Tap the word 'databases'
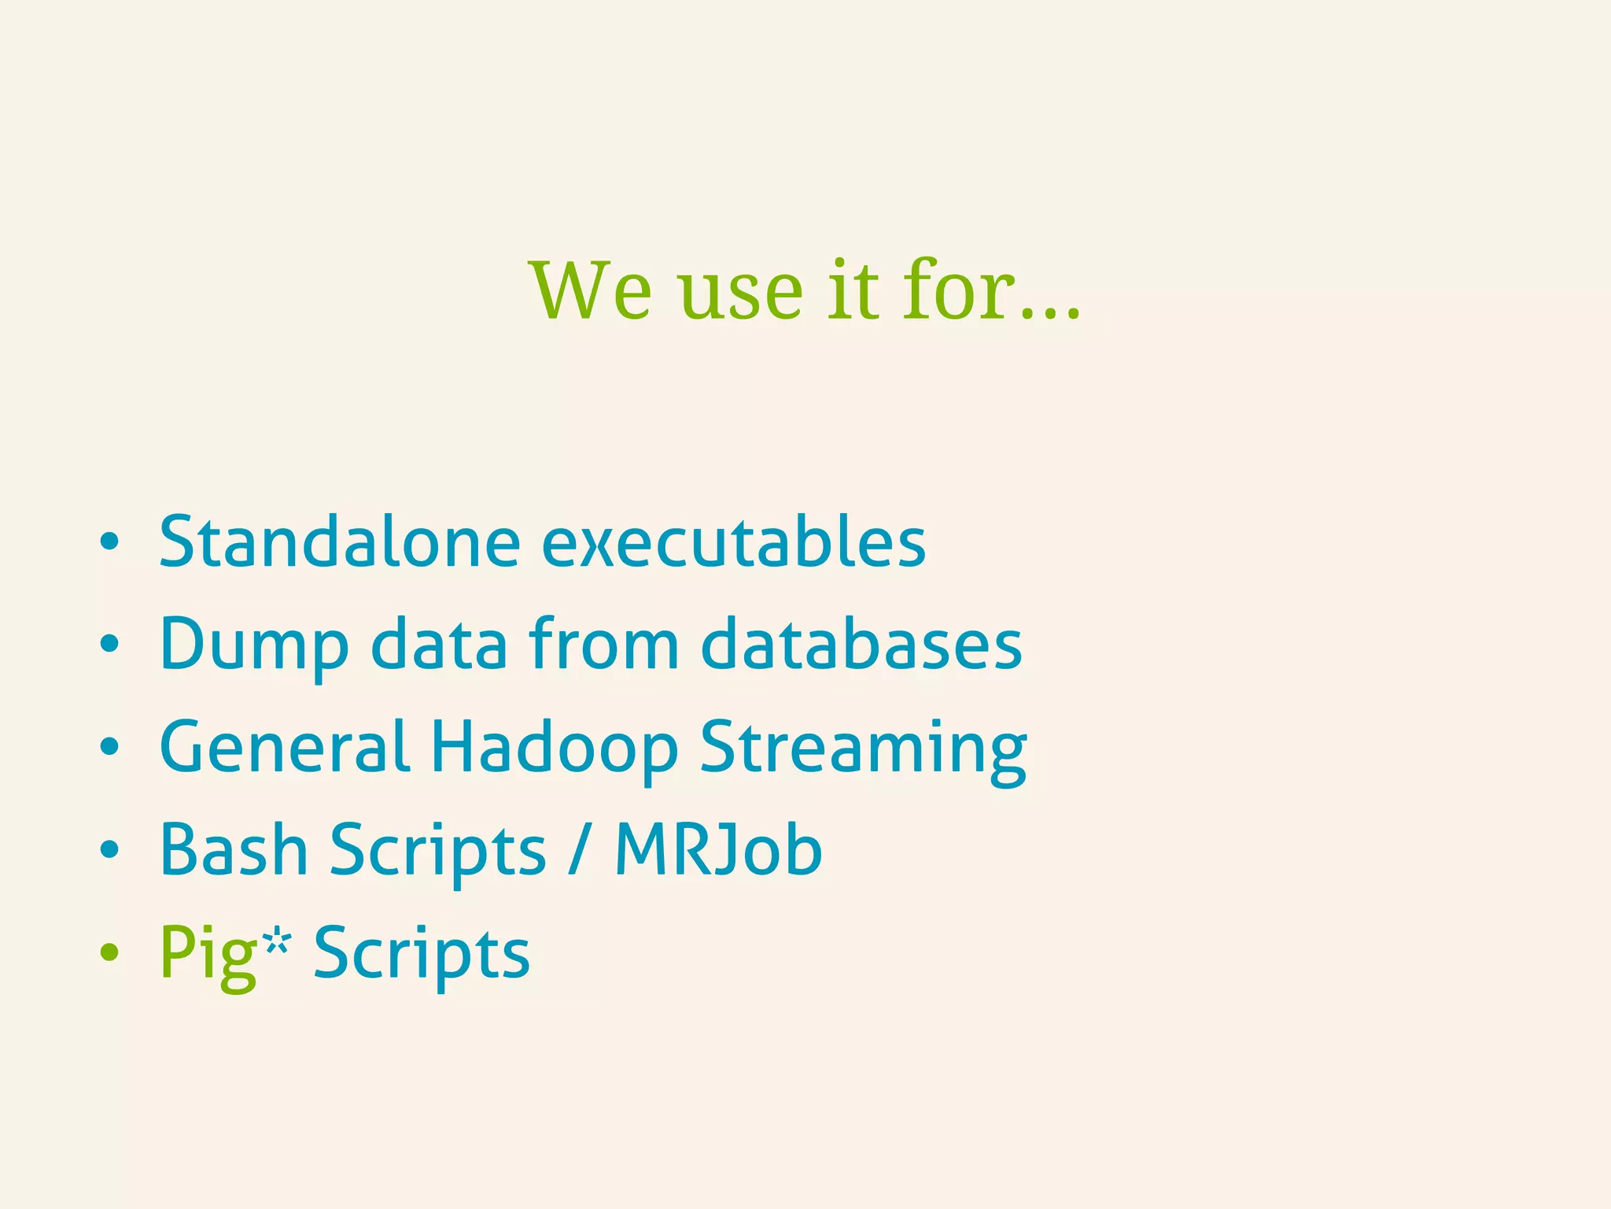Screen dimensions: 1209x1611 tap(861, 644)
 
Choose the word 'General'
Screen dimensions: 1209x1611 tap(284, 745)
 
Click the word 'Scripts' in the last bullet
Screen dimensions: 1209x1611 tap(422, 952)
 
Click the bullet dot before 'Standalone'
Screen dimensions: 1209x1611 tap(109, 542)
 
